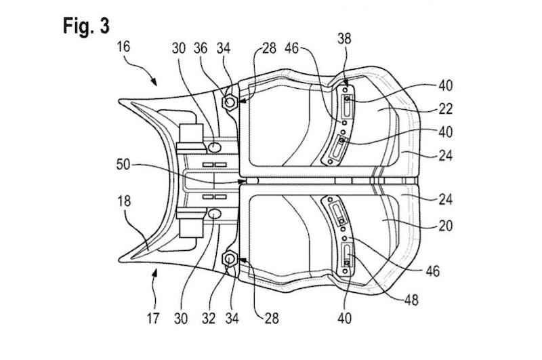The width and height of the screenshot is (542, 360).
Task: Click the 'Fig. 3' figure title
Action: click(x=86, y=26)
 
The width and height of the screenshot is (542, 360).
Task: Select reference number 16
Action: click(x=123, y=46)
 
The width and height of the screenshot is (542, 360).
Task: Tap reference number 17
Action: click(x=153, y=318)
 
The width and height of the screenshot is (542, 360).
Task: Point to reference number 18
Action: click(x=125, y=201)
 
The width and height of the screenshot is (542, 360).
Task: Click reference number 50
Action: click(x=123, y=164)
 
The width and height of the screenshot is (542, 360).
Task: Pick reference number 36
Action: click(x=201, y=48)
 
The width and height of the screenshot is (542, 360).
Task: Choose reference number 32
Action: click(x=209, y=318)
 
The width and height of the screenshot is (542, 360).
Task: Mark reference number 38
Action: click(x=344, y=39)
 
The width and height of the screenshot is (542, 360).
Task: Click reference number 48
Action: click(x=411, y=300)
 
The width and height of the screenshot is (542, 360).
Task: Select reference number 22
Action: click(x=446, y=109)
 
